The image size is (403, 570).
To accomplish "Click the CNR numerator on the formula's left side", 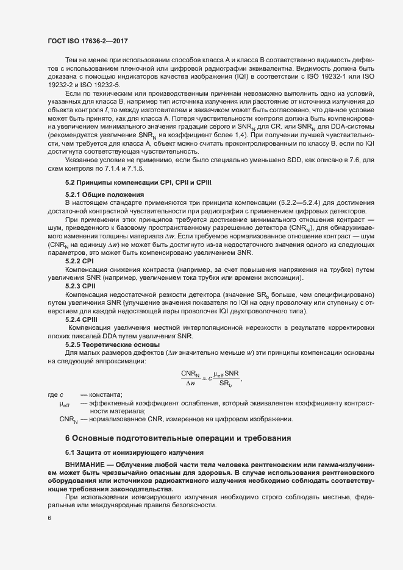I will tap(190, 372).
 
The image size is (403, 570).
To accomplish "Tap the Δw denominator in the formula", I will tap(190, 384).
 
